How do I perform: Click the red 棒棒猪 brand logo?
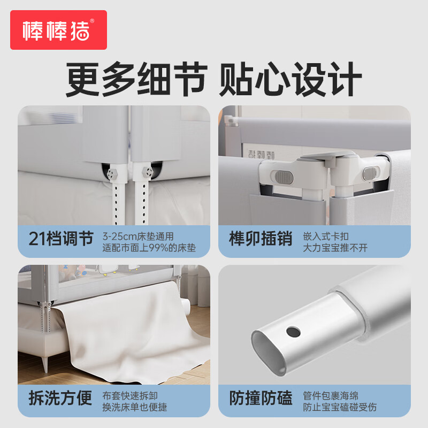tap(58, 30)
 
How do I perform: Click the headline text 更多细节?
tap(137, 79)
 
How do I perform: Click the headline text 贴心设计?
tap(291, 79)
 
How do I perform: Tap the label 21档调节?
tap(61, 239)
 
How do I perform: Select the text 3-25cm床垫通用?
tap(138, 236)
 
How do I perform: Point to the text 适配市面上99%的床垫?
tap(149, 248)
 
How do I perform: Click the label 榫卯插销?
tap(261, 239)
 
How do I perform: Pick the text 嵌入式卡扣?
tap(326, 236)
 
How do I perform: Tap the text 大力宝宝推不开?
tap(335, 248)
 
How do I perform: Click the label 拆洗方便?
tap(60, 398)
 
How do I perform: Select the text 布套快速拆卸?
tap(130, 396)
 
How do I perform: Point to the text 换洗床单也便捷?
tap(135, 407)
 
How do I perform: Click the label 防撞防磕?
tap(261, 398)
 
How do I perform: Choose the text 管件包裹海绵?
tap(331, 396)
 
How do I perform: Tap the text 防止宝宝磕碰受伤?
tap(340, 407)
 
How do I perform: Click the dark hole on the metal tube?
tap(293, 332)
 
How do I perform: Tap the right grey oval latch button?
tap(369, 173)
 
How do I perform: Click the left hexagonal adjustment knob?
tap(112, 174)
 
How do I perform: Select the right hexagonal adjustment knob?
tap(148, 172)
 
